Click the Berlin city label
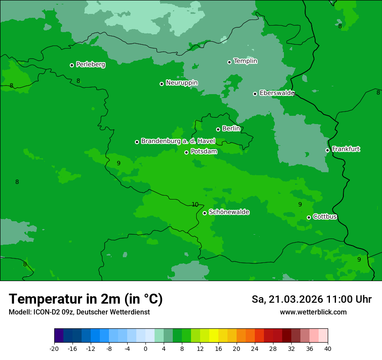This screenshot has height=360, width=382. click(x=231, y=128)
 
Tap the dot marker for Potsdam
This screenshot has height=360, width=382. click(x=187, y=152)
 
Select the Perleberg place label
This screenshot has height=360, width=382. click(x=90, y=65)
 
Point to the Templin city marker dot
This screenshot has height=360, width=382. click(x=230, y=62)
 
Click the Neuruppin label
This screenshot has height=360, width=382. click(x=181, y=83)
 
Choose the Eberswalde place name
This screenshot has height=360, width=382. click(x=277, y=93)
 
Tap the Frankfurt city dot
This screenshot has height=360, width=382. click(x=328, y=150)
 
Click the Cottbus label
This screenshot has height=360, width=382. click(x=325, y=216)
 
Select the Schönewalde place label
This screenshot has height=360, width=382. click(x=229, y=212)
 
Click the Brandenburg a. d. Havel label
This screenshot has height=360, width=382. click(x=178, y=141)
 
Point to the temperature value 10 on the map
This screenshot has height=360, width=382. click(x=195, y=204)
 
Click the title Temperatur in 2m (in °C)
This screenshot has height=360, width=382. click(x=86, y=299)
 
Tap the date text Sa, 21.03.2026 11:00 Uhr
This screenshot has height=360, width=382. click(x=311, y=299)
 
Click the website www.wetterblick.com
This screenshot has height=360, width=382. click(x=313, y=312)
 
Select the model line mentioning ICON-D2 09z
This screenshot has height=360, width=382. click(x=79, y=312)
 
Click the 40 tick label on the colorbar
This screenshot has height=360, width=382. click(x=328, y=348)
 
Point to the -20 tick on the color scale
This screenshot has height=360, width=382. click(x=54, y=348)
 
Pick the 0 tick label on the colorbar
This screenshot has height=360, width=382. click(x=145, y=348)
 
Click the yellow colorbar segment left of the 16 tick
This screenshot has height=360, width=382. click(x=214, y=336)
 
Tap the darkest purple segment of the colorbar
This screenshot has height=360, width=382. click(x=59, y=336)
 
